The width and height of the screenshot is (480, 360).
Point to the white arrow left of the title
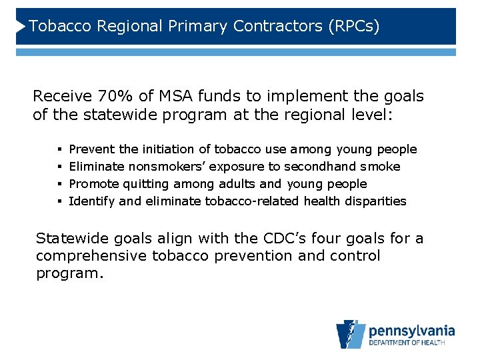tap(21, 26)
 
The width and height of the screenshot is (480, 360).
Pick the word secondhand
tap(314, 167)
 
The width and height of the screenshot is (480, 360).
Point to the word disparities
tap(375, 201)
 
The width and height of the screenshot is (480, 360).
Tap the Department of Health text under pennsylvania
tap(411, 344)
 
